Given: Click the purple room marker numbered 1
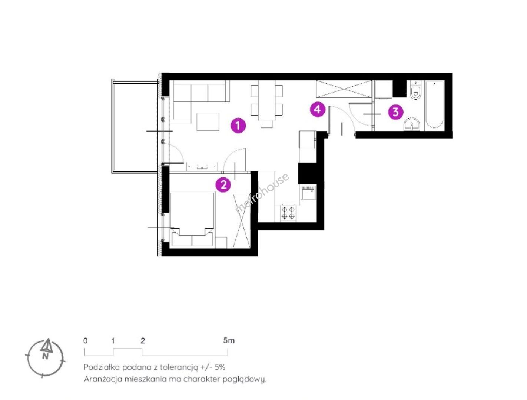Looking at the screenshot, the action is tap(238, 126).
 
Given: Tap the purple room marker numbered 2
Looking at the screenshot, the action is tap(223, 185).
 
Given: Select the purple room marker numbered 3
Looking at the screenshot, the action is tap(395, 112).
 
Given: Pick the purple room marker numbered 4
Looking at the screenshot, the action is tap(318, 109).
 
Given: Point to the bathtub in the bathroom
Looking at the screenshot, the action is tap(434, 104).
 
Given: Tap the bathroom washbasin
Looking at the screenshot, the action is tap(412, 125).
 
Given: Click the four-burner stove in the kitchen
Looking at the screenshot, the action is tap(288, 212).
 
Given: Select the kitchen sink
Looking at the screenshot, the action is tap(308, 193).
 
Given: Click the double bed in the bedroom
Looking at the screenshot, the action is tap(192, 219).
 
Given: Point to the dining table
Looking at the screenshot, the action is tap(266, 101).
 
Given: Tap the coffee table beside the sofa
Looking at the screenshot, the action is tap(208, 122).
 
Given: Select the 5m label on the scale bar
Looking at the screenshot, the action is tap(229, 340).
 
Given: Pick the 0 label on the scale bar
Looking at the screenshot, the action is tap(86, 341).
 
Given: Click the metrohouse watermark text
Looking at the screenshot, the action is tap(262, 193).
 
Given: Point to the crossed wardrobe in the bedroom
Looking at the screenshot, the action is tap(242, 220).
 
